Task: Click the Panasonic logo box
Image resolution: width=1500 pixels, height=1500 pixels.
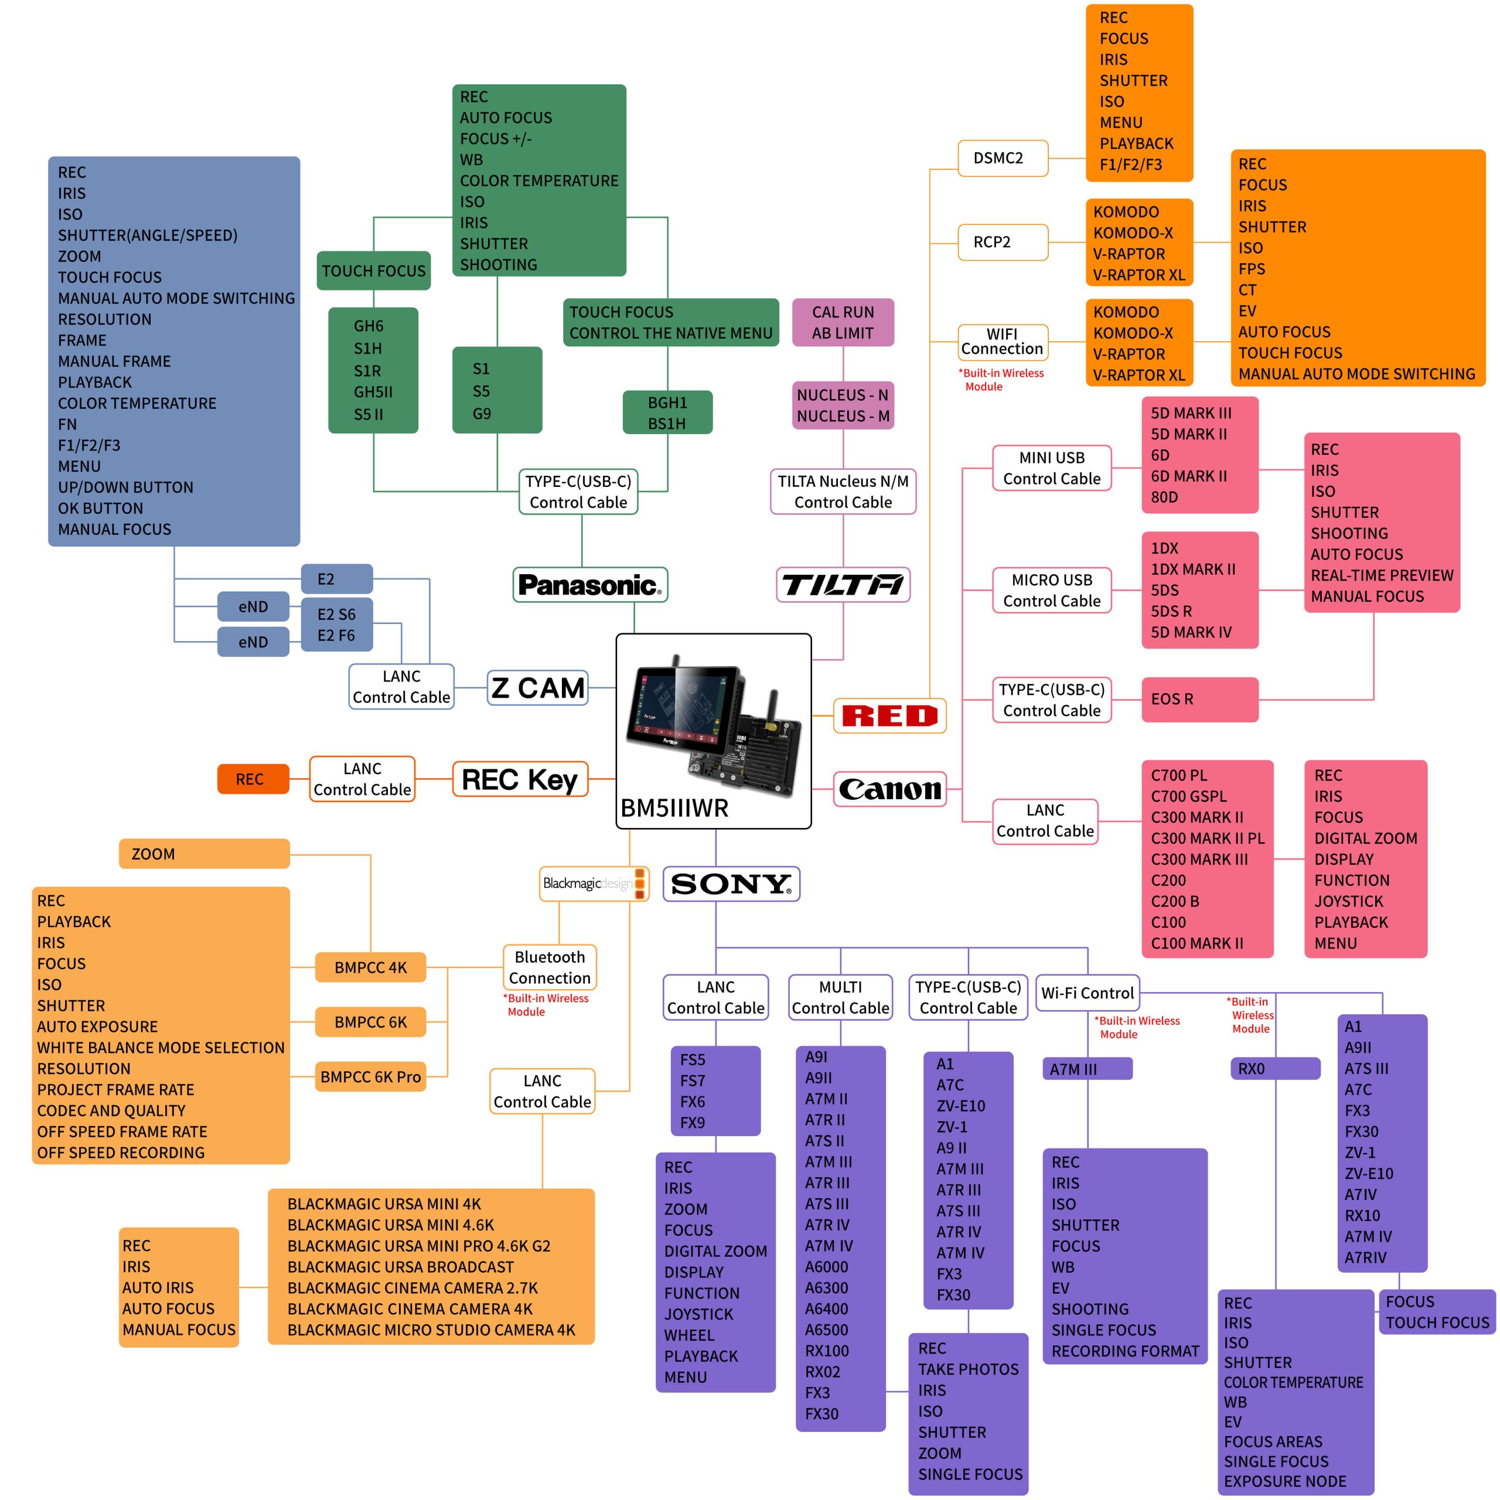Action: [590, 585]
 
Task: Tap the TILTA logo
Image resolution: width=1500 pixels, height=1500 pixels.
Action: [843, 585]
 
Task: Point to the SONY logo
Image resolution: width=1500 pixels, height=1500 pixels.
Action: [731, 884]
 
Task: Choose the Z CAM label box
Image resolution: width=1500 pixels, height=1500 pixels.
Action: [538, 688]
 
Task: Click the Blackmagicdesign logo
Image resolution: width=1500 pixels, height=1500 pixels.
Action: [595, 884]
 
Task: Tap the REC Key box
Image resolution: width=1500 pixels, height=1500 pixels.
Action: [520, 779]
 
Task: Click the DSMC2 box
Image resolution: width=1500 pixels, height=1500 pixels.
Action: [1003, 158]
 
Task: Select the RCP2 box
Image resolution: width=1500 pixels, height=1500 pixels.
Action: [1003, 242]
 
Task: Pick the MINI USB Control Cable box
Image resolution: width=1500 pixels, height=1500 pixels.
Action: [1052, 468]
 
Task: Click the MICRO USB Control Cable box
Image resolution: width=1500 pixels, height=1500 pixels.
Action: [1052, 591]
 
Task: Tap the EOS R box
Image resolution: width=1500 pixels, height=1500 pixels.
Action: [1199, 700]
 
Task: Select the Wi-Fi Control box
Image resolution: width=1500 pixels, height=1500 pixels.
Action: [1087, 993]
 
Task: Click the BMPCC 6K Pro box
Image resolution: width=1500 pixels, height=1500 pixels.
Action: [371, 1077]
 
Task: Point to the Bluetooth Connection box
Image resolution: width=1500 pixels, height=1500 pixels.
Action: [550, 967]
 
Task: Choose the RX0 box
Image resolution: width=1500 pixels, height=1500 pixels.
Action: [1276, 1068]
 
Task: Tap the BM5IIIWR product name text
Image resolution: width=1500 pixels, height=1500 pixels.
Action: [674, 808]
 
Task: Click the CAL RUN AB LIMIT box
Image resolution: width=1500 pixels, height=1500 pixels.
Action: [843, 322]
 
